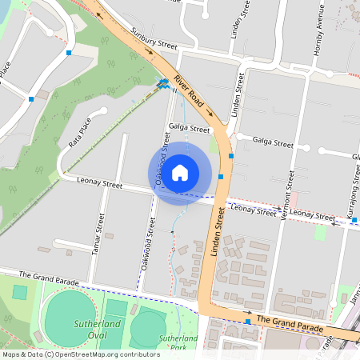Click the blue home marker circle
click(x=180, y=172)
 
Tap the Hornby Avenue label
click(x=318, y=32)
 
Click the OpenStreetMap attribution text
click(x=81, y=354)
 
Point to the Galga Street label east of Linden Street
click(x=274, y=144)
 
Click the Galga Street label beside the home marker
click(x=190, y=128)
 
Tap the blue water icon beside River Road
click(x=164, y=82)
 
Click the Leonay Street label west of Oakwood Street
click(x=99, y=184)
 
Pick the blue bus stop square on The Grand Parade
click(x=248, y=322)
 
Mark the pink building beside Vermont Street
click(x=293, y=197)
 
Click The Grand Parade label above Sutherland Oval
click(x=49, y=279)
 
